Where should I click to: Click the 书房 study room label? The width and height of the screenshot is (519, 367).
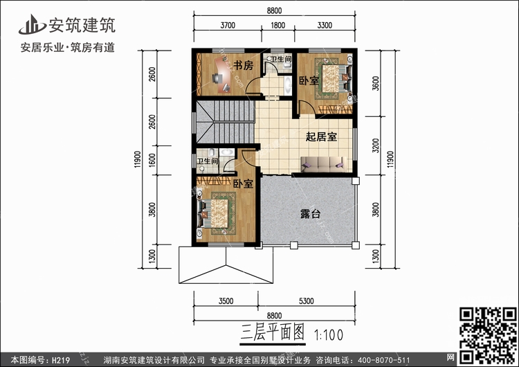(242, 66)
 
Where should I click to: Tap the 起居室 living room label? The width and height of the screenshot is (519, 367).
(322, 136)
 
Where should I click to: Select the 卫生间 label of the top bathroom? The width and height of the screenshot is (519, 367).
(280, 60)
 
